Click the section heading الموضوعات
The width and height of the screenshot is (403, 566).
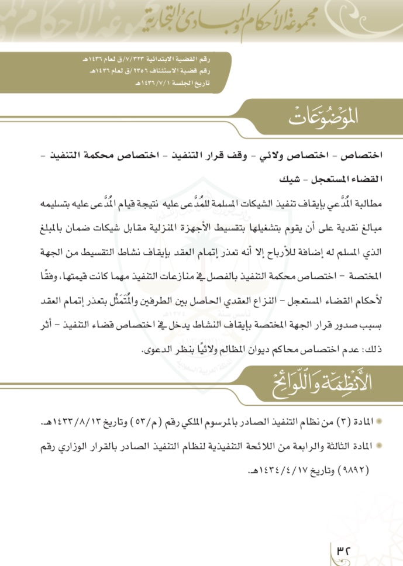click(x=323, y=117)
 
